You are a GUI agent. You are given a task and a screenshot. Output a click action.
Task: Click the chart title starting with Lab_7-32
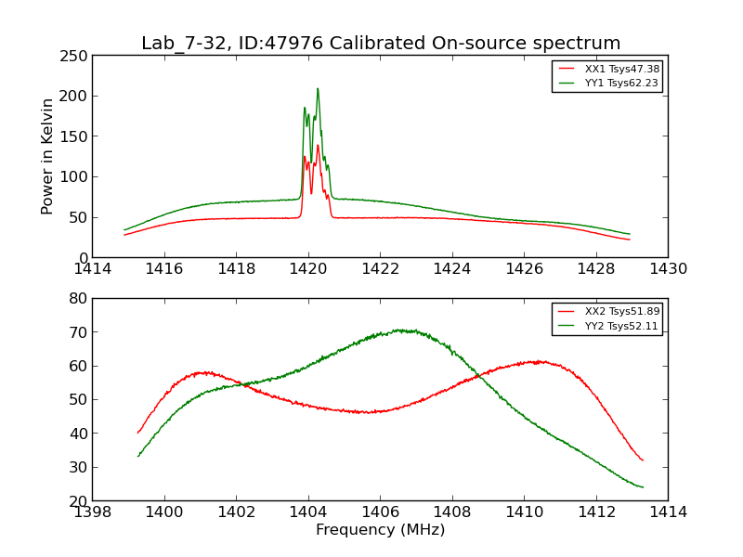tap(381, 44)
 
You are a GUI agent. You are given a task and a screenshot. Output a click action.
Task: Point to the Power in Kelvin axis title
tap(47, 156)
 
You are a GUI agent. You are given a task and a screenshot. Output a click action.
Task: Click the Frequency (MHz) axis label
tap(380, 530)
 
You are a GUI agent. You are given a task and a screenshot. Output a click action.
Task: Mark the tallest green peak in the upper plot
tap(318, 89)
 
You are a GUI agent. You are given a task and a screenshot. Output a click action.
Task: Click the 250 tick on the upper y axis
tap(77, 56)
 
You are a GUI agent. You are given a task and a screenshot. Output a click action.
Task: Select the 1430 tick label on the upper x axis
tap(668, 269)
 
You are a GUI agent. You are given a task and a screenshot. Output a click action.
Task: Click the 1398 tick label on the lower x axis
tap(93, 512)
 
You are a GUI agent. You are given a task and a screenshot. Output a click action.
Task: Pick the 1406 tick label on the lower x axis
tap(380, 512)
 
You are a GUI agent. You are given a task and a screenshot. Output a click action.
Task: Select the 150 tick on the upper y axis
tap(77, 136)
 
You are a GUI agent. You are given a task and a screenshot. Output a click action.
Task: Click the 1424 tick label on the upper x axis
tap(452, 269)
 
